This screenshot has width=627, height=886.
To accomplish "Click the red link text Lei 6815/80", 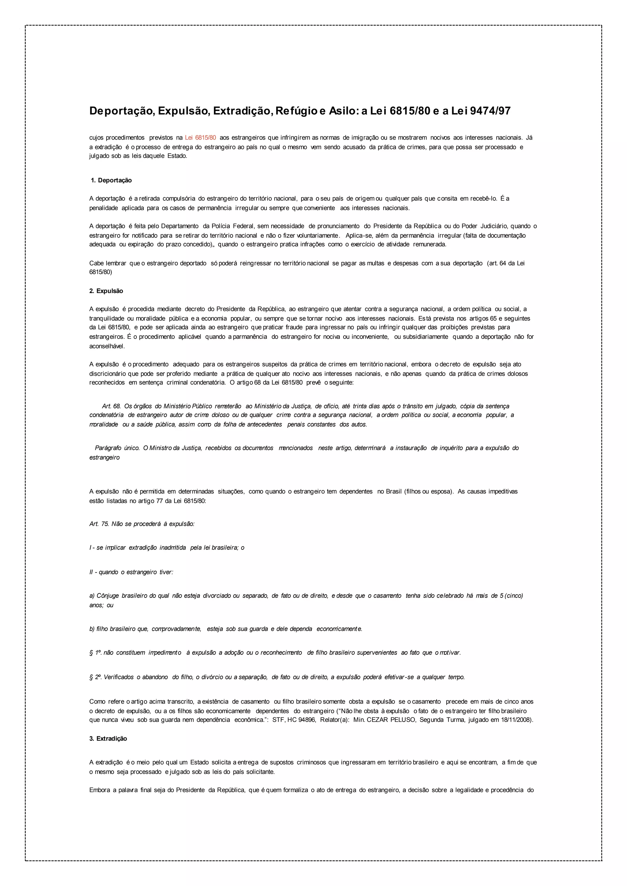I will tap(201, 138).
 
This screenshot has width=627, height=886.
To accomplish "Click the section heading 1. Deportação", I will tap(111, 180).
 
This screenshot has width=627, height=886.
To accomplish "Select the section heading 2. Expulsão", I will tap(106, 291).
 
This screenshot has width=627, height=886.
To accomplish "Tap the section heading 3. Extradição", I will tap(108, 739).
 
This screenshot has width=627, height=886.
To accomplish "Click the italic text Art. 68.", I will tap(111, 406).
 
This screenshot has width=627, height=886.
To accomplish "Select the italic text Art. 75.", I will tap(99, 524).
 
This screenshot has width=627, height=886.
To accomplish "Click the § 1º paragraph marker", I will tap(95, 653).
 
